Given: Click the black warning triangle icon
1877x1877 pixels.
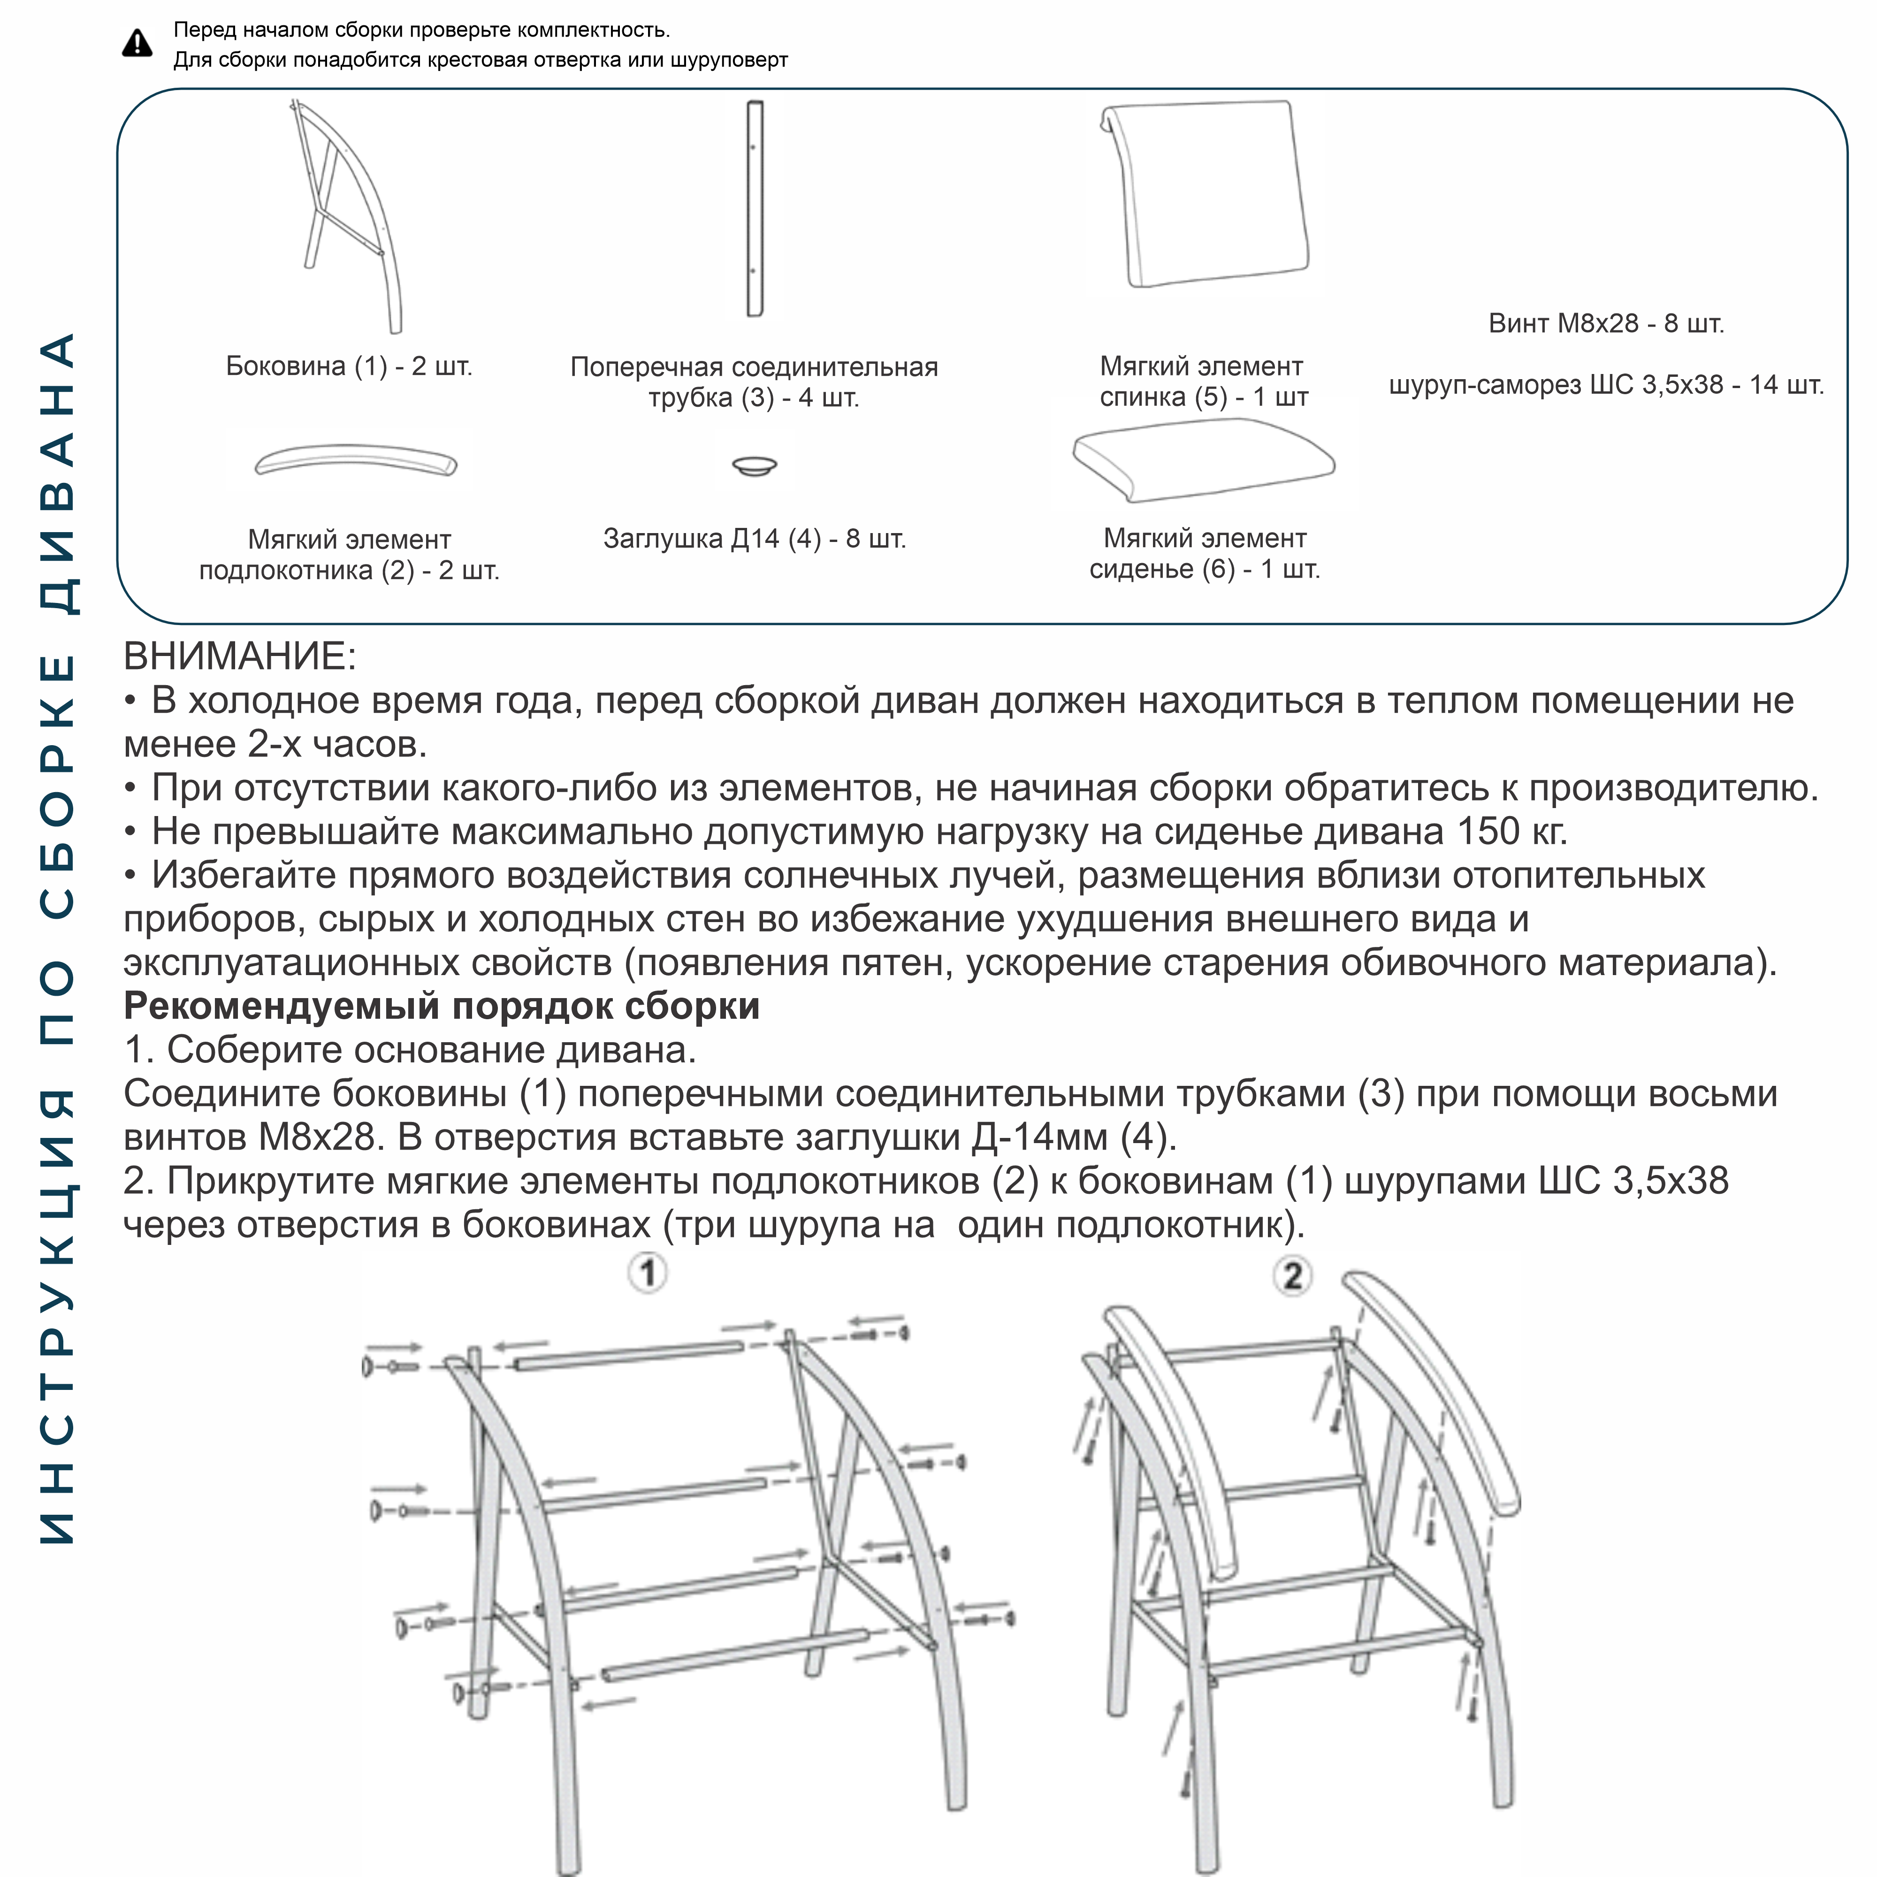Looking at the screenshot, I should coord(137,44).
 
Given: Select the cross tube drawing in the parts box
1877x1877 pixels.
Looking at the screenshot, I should coord(754,209).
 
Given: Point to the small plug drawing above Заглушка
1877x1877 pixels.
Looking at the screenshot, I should coord(754,466).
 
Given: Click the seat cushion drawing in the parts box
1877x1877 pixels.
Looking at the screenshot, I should coord(1205,459).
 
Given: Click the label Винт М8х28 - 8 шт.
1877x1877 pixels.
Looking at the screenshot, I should coord(1606,323).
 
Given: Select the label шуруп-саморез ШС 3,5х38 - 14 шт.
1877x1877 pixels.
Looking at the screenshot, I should coord(1606,385).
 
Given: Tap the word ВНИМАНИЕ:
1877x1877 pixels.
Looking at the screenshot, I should coord(240,657).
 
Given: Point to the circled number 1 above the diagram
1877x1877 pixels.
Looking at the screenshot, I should coord(648,1273).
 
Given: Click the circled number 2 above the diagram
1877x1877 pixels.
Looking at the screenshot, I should coord(1292,1275).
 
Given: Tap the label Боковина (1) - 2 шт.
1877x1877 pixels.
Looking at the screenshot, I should coord(349,366).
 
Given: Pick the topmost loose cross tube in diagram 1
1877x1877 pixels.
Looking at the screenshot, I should coord(629,1355).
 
